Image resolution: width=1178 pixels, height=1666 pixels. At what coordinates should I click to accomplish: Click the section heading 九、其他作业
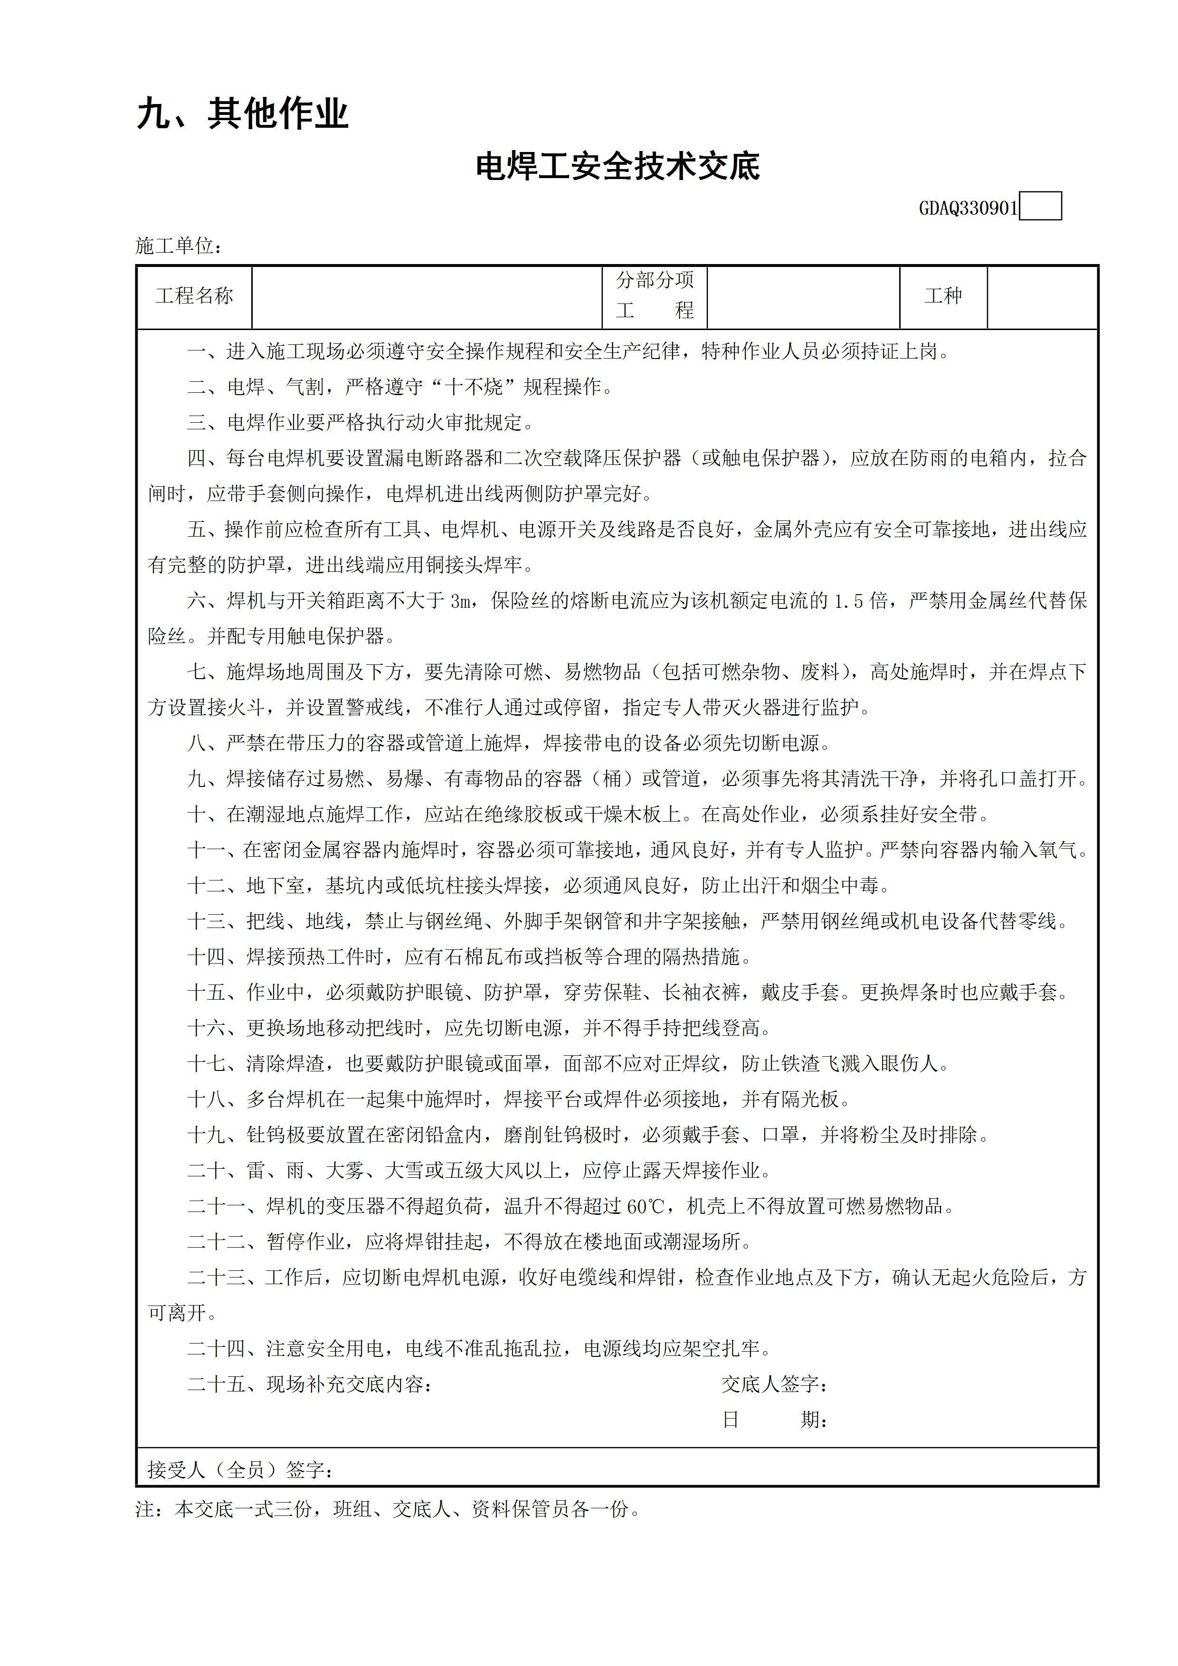click(x=242, y=114)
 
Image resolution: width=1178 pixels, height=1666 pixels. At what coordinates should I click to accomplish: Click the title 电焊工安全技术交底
click(x=617, y=167)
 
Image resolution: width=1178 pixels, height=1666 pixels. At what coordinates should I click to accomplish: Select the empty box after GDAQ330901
click(x=1040, y=207)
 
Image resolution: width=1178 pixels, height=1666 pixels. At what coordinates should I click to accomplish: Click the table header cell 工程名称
click(x=194, y=296)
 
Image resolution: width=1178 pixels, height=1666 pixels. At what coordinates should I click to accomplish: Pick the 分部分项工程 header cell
click(x=655, y=296)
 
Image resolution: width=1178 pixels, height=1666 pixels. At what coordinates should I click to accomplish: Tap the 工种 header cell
click(x=943, y=296)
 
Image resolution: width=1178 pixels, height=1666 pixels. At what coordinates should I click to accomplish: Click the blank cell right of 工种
click(x=1042, y=296)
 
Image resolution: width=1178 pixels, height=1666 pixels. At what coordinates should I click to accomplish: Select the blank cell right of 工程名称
click(x=427, y=296)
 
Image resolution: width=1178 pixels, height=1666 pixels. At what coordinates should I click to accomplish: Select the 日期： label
click(x=774, y=1420)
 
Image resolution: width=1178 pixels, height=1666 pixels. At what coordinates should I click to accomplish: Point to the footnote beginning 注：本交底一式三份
click(x=388, y=1509)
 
